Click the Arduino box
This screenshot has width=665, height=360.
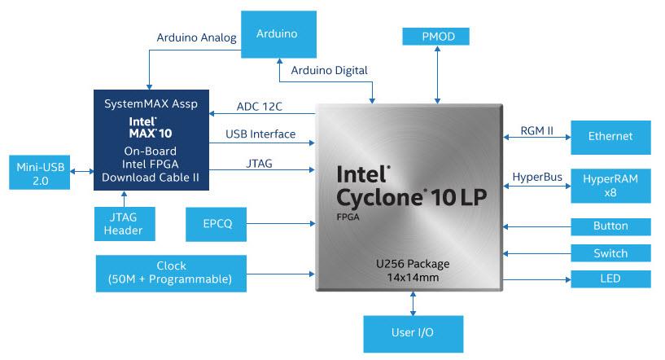277,34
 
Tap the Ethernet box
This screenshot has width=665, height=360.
610,137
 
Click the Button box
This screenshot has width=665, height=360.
610,226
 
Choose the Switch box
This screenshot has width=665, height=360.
610,253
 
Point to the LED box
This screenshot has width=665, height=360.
610,279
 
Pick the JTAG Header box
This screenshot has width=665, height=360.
124,223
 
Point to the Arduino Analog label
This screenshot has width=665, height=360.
196,37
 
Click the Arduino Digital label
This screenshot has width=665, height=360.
329,71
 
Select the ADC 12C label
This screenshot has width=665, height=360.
265,107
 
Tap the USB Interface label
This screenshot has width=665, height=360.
260,134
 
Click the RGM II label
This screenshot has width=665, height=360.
536,130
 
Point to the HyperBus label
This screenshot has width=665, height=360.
536,178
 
